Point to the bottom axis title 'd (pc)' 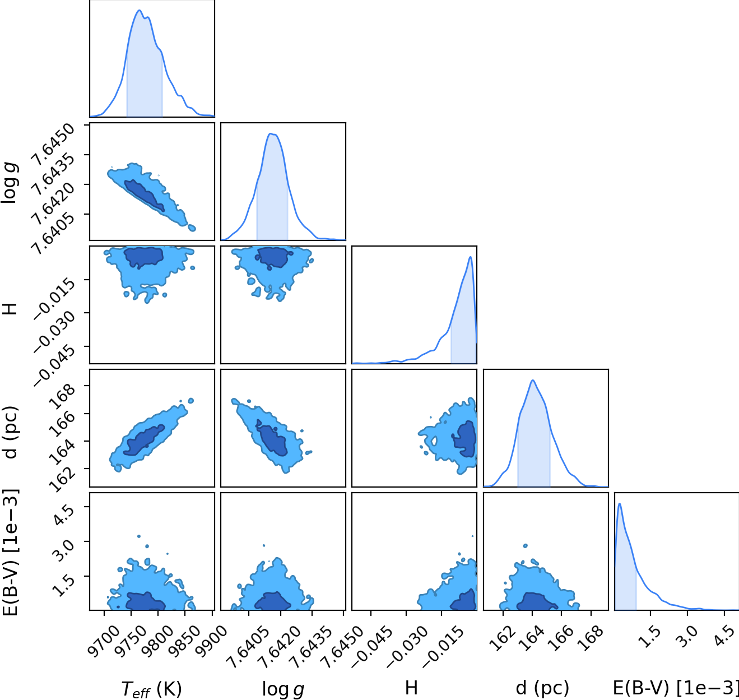[x=542, y=688]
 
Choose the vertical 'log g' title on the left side [x=10, y=183]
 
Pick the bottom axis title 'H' [x=411, y=688]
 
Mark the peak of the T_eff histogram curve [x=139, y=10]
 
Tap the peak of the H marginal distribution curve [x=470, y=257]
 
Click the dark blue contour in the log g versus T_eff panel [x=144, y=195]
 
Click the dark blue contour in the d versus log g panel [x=272, y=439]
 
